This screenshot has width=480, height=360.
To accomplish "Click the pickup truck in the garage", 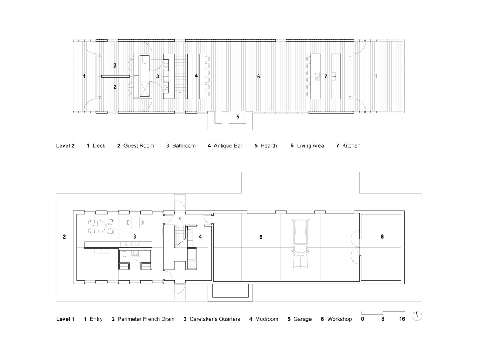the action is click(300, 244).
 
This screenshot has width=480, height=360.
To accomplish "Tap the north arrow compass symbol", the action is click(417, 316).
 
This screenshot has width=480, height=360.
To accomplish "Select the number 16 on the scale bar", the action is click(402, 319).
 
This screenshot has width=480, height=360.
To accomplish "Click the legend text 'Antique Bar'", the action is click(228, 146).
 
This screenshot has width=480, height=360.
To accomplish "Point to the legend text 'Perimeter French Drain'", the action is click(146, 319).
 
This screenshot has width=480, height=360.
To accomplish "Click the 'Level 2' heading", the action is click(65, 146).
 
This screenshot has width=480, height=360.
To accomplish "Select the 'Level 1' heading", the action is click(65, 319).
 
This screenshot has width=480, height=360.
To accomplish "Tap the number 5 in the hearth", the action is click(238, 117).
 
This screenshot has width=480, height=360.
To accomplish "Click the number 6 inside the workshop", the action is click(382, 236).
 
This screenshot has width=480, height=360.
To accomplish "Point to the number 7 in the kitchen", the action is click(326, 76).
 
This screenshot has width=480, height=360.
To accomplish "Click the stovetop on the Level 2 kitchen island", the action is click(317, 76).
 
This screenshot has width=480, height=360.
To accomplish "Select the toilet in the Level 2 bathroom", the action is click(144, 60).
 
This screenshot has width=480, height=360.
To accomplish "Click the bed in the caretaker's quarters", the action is click(101, 258).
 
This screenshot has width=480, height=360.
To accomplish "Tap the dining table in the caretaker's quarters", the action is click(135, 222).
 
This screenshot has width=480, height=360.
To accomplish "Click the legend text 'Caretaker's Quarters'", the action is click(215, 319).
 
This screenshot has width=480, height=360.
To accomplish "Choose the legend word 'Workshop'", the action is click(340, 319).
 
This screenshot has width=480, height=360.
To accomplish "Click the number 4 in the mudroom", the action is click(200, 236).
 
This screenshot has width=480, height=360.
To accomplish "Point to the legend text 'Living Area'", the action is click(310, 146).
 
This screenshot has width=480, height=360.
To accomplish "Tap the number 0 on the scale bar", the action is click(363, 319).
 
